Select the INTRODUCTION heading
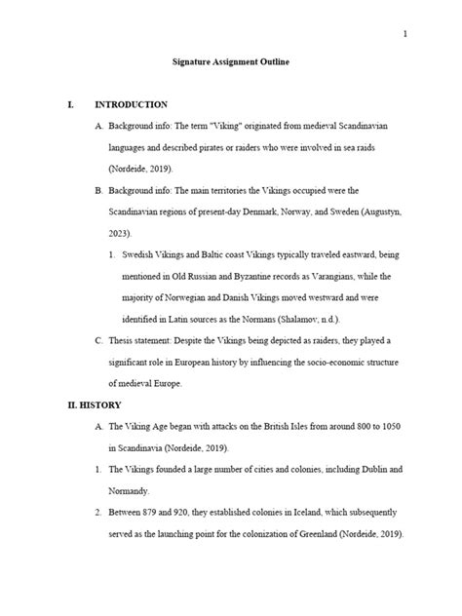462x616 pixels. [132, 104]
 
